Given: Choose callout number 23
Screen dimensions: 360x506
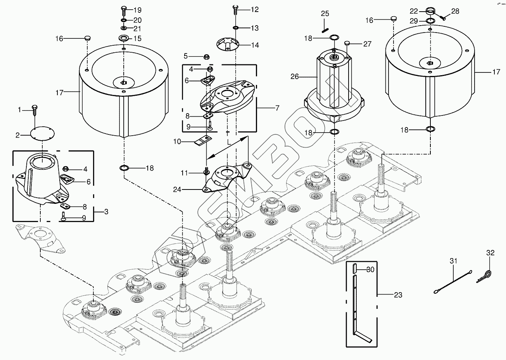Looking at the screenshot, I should (398, 295).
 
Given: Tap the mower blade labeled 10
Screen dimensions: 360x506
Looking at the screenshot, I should (202, 141).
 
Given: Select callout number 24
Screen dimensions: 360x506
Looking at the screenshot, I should (177, 190).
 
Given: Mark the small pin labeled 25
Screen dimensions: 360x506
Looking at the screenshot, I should (325, 27).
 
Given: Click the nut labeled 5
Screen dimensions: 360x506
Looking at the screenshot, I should (207, 57).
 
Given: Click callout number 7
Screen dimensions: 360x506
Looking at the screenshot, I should (277, 109).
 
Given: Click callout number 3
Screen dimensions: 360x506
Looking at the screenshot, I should (106, 212).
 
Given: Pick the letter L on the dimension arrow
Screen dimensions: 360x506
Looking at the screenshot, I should (230, 143).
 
